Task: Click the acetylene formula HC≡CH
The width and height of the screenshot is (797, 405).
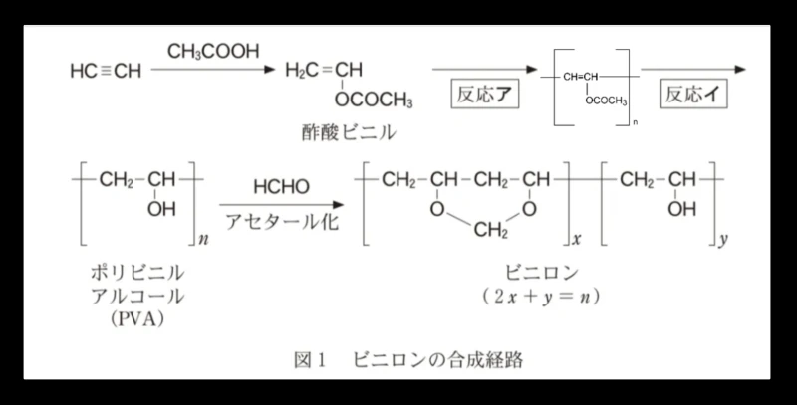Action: click(106, 71)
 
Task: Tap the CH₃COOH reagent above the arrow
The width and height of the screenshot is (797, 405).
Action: click(213, 52)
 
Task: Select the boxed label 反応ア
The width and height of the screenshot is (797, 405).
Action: click(485, 94)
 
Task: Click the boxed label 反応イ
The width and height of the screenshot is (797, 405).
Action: click(693, 94)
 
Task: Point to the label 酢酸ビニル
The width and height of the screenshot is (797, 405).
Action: click(349, 132)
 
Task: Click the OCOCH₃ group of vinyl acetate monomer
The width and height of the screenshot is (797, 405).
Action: click(374, 100)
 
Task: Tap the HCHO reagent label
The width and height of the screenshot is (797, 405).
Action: click(281, 187)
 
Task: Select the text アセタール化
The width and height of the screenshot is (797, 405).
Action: click(282, 222)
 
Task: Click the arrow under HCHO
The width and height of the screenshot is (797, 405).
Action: click(282, 205)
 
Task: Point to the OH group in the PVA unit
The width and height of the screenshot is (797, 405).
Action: click(161, 209)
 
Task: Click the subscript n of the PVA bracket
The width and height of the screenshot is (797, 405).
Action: click(203, 240)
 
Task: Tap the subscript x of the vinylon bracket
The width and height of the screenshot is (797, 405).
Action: click(577, 239)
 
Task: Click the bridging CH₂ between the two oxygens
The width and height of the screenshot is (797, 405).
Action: click(490, 230)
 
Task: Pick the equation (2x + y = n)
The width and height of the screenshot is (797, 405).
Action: click(541, 297)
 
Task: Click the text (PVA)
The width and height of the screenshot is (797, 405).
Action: click(137, 319)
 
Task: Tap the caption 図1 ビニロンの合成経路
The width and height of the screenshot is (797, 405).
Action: click(408, 360)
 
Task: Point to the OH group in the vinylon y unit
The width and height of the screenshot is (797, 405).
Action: click(682, 209)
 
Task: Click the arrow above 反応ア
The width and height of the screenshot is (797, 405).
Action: click(484, 69)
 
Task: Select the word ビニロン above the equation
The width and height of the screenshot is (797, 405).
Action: click(542, 273)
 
